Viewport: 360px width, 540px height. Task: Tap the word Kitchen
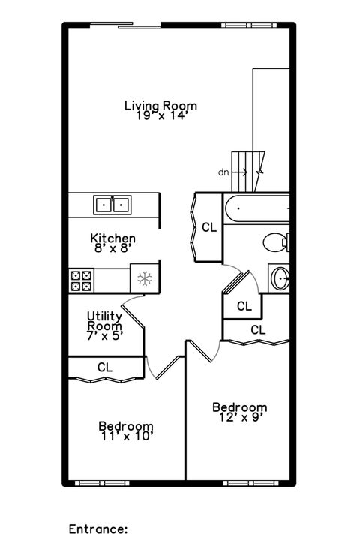click(x=112, y=238)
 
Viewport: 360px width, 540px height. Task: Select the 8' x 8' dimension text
click(x=112, y=249)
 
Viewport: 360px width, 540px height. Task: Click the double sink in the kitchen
click(x=112, y=204)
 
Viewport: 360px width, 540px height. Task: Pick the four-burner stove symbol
click(x=81, y=280)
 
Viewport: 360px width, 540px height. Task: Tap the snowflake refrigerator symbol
click(x=145, y=279)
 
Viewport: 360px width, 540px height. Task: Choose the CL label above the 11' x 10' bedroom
click(x=105, y=367)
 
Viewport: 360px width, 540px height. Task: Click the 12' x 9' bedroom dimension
click(x=239, y=418)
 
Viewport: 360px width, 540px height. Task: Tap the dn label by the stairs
click(x=223, y=172)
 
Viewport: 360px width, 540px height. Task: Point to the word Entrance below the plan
click(x=97, y=528)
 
